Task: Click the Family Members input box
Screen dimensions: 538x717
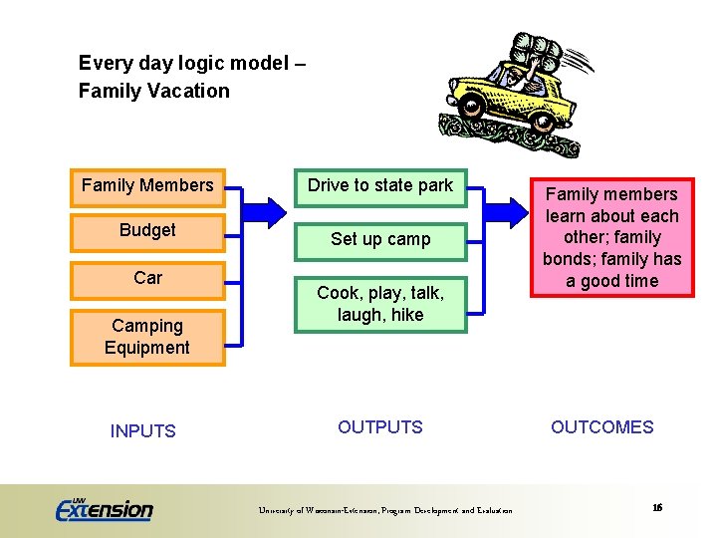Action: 147,186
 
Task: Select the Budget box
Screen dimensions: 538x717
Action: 147,231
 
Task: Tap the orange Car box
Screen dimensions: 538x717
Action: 147,278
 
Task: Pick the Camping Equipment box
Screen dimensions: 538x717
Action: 147,337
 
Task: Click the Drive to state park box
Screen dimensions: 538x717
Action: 379,186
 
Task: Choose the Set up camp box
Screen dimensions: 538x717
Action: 379,239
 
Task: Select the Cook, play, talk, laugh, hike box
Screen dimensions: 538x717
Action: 379,304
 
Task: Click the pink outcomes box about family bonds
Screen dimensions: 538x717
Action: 611,237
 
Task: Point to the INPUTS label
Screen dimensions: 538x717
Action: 142,431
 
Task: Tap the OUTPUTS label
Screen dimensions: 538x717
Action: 379,427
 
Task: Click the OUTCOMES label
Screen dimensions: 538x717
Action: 601,427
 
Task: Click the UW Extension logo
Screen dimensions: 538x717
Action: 105,509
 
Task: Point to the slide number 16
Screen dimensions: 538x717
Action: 657,508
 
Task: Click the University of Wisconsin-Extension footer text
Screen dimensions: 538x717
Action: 385,511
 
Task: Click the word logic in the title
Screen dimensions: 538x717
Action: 188,64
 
